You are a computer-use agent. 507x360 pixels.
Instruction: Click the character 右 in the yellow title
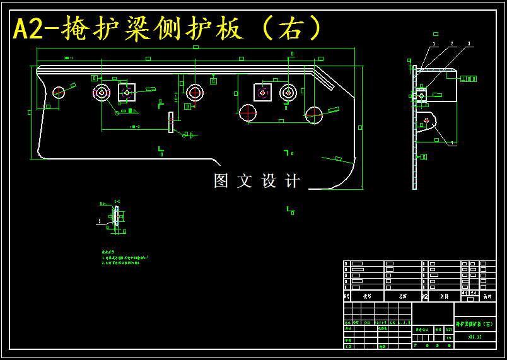(291, 28)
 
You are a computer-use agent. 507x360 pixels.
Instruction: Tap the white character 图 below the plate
(221, 181)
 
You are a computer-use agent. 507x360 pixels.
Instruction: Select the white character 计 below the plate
(293, 181)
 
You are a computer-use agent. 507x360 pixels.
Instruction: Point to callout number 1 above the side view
(434, 44)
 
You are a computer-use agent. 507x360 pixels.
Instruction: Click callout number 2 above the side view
(452, 44)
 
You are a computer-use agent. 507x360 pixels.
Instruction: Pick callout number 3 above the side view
(469, 44)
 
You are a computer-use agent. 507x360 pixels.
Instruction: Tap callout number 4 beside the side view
(452, 143)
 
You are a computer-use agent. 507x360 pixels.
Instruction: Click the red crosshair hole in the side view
(427, 120)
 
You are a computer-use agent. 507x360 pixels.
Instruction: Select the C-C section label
(117, 201)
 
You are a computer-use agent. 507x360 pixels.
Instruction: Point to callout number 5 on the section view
(99, 222)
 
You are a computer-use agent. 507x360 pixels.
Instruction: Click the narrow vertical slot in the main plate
(170, 122)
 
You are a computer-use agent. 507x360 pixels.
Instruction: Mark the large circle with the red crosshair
(314, 115)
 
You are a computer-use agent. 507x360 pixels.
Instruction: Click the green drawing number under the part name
(475, 337)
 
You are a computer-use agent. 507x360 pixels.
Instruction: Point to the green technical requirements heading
(112, 251)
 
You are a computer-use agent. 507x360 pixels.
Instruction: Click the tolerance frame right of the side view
(469, 79)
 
